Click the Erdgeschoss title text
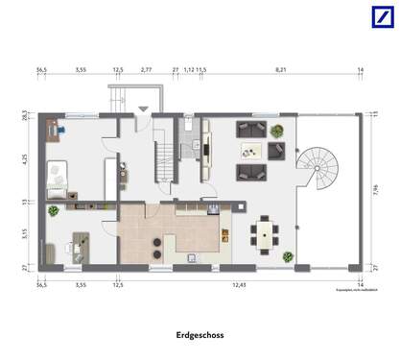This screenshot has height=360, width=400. [x=200, y=336]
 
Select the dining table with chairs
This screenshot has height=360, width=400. [x=265, y=233]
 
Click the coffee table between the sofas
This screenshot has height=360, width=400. [x=252, y=149]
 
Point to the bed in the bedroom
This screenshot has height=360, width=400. [x=59, y=178]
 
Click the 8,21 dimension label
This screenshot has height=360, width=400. [x=280, y=70]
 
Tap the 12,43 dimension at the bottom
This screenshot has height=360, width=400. [x=238, y=285]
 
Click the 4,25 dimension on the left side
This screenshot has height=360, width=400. [x=27, y=160]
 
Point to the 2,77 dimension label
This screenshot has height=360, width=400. [x=146, y=70]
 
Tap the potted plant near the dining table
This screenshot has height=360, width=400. [x=287, y=256]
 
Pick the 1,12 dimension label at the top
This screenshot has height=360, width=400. [x=189, y=70]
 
